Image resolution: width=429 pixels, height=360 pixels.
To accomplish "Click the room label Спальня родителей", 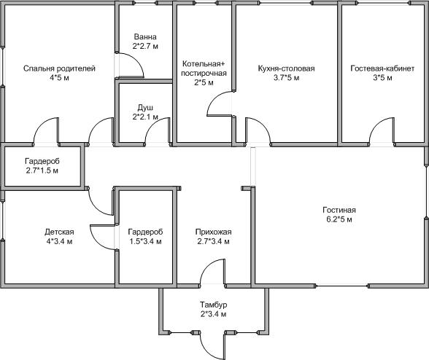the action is (x=59, y=69).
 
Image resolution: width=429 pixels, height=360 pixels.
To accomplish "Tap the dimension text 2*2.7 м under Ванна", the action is (x=145, y=46).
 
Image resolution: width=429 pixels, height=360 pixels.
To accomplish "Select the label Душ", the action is (x=145, y=108).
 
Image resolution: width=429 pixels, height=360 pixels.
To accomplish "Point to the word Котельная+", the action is (x=204, y=64).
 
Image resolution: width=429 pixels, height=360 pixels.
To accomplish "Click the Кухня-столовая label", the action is (x=286, y=69).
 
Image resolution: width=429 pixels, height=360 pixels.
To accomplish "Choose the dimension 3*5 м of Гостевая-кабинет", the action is (x=382, y=78).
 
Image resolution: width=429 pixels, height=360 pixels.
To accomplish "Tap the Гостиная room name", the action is (x=339, y=210).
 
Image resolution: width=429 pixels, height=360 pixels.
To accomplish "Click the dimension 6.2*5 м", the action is (x=339, y=219).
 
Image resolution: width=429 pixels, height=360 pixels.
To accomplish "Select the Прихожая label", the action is (x=213, y=232).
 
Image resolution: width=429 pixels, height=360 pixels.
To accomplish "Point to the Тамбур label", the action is (x=213, y=305).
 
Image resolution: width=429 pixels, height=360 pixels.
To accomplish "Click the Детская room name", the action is (x=59, y=232).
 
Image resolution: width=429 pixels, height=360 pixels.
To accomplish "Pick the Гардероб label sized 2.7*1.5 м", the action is (x=42, y=161).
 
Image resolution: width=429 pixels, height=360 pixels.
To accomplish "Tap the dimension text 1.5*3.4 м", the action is (x=145, y=242).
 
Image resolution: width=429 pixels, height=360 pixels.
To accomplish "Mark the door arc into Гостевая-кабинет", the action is (x=374, y=128).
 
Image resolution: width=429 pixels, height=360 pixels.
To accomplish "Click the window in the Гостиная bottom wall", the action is (x=341, y=286).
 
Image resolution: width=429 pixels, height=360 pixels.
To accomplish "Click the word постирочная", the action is (x=204, y=74).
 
